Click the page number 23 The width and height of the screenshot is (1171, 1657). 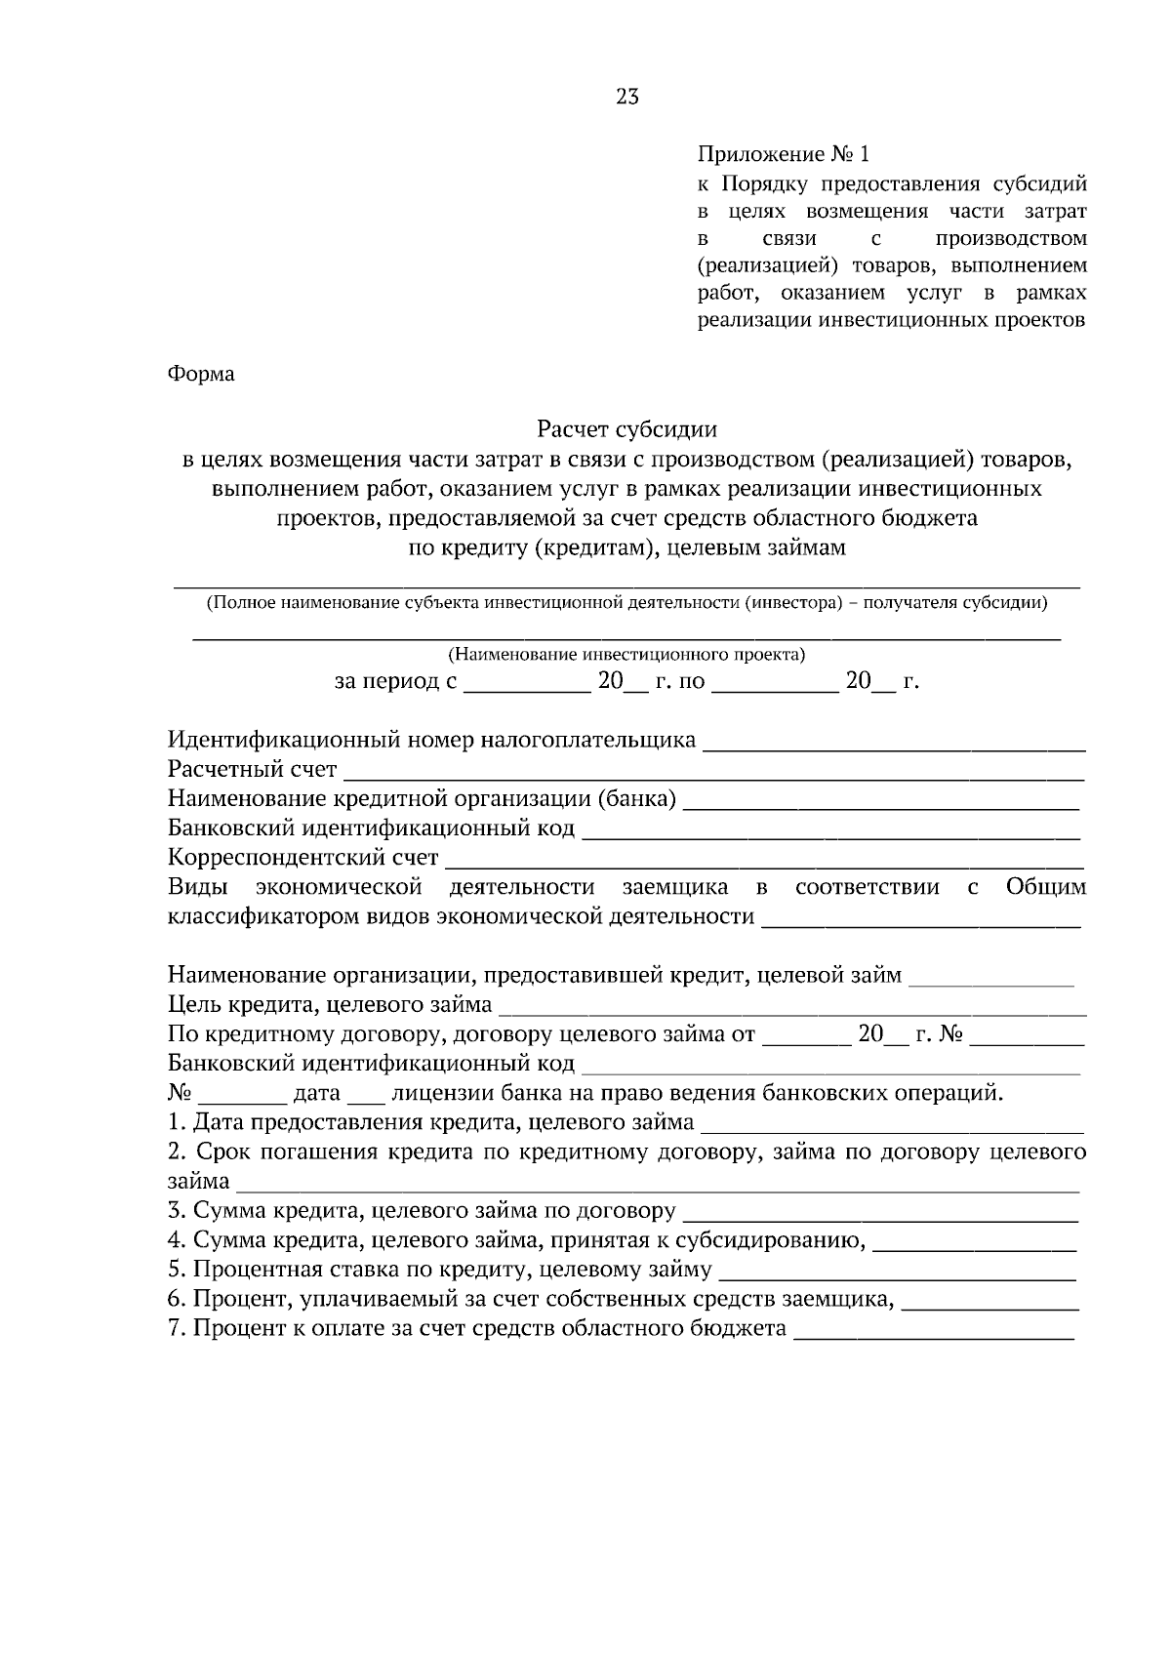(627, 96)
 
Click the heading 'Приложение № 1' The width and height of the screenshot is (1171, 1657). (783, 154)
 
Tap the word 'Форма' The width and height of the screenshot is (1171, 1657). (201, 374)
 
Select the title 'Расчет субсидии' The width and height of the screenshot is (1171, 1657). (626, 428)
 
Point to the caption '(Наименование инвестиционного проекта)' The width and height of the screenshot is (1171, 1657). (626, 653)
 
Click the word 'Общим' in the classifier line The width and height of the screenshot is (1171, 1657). (1045, 887)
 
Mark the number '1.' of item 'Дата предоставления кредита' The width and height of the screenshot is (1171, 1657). (177, 1122)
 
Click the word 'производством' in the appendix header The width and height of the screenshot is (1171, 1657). (1010, 238)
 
